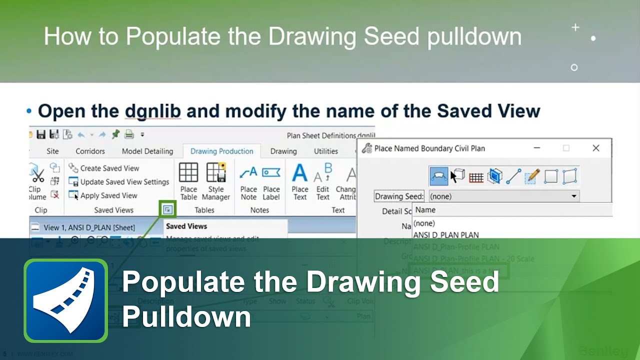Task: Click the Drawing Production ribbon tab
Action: [221, 151]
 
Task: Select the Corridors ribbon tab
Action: [90, 151]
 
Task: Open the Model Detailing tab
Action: [147, 151]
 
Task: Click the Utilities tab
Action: [326, 151]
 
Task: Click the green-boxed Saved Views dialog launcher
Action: [167, 209]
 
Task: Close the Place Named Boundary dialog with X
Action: [595, 148]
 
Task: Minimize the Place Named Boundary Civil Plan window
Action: [536, 148]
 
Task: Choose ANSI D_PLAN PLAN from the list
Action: [446, 235]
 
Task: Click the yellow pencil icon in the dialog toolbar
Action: [532, 176]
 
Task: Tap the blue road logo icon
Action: [65, 300]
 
